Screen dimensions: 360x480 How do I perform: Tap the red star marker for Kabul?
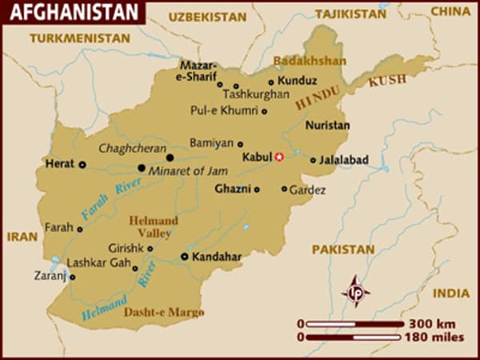pyautogui.click(x=279, y=157)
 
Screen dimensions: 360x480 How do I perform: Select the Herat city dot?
pyautogui.click(x=82, y=164)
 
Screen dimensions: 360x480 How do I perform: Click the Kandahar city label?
pyautogui.click(x=217, y=257)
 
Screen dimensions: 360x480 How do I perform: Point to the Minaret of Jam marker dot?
pyautogui.click(x=142, y=168)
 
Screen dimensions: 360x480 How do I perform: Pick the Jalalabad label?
pyautogui.click(x=343, y=160)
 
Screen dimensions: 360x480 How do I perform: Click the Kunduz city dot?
pyautogui.click(x=271, y=82)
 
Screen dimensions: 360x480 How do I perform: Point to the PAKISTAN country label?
pyautogui.click(x=343, y=250)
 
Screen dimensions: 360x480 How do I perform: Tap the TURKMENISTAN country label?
pyautogui.click(x=78, y=38)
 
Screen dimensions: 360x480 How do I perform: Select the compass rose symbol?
pyautogui.click(x=355, y=290)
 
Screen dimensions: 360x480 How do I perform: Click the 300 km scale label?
pyautogui.click(x=433, y=324)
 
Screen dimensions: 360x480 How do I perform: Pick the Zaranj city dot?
pyautogui.click(x=72, y=278)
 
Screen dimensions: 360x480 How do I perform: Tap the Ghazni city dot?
pyautogui.click(x=257, y=190)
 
